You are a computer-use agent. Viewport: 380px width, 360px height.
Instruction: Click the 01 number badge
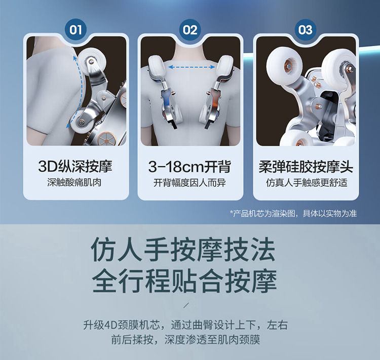[x=75, y=30]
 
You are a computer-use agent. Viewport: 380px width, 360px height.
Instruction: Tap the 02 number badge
[x=190, y=30]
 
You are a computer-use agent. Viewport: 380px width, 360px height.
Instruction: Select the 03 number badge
[x=306, y=30]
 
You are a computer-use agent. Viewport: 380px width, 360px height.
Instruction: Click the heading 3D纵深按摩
[x=75, y=167]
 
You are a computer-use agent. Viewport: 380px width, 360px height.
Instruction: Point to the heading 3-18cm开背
[x=189, y=167]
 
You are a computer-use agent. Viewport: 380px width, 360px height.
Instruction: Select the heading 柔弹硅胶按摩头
[x=306, y=167]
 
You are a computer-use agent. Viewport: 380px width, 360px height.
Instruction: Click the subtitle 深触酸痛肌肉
[x=74, y=182]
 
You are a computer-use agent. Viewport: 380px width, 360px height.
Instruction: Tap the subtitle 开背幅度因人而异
[x=189, y=182]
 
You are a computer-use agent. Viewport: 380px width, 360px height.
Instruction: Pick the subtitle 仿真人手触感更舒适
[x=307, y=182]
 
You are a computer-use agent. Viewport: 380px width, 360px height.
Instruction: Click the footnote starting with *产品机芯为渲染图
[x=293, y=214]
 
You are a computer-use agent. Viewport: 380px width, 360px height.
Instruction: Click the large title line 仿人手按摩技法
[x=183, y=249]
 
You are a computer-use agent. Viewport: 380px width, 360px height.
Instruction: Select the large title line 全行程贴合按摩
[x=184, y=281]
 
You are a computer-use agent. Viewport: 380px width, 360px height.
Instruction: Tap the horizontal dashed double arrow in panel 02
[x=192, y=67]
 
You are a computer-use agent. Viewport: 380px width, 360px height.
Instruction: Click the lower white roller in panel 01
[x=81, y=122]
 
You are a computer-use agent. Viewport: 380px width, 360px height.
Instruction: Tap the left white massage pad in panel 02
[x=156, y=66]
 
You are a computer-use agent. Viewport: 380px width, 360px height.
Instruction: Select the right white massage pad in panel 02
[x=225, y=66]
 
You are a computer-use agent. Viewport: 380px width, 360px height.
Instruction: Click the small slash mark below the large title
[x=186, y=305]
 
